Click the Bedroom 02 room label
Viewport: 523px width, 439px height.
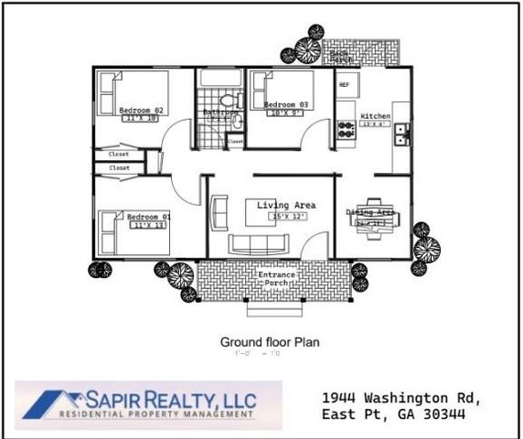coord(141,111)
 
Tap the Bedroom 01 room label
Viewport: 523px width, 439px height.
coord(148,217)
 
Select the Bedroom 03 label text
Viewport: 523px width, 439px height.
coord(285,105)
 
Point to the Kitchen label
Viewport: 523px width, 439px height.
coord(375,116)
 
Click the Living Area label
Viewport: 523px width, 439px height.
coord(286,205)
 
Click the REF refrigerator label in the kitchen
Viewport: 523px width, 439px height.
coord(344,84)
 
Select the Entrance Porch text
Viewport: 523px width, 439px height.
coord(276,279)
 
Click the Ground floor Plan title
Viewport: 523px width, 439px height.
coord(269,342)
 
